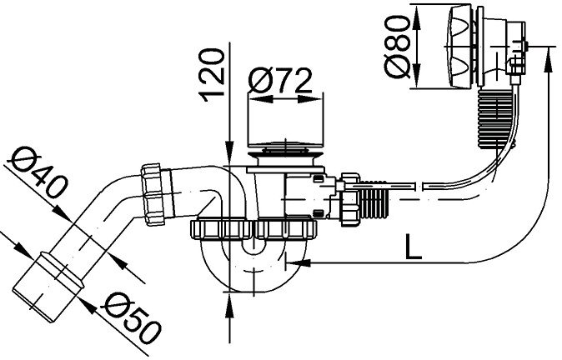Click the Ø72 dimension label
coord(281,81)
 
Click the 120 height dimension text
coord(214,74)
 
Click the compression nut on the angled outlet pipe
coord(158,193)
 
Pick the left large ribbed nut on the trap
coord(220,228)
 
